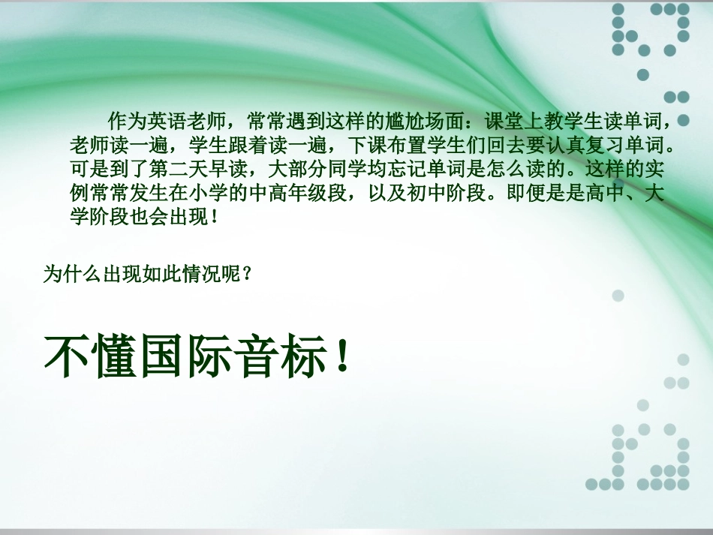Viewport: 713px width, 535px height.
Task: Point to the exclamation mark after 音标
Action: coord(341,356)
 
